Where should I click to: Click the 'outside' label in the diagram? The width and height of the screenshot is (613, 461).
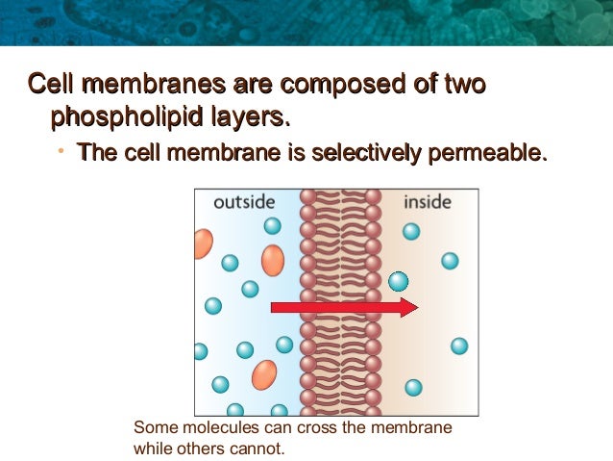pyautogui.click(x=244, y=202)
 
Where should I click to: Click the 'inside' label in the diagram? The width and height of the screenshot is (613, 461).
pyautogui.click(x=428, y=202)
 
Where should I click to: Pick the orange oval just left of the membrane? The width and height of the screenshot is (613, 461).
pyautogui.click(x=273, y=260)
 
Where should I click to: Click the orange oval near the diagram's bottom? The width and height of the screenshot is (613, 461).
pyautogui.click(x=264, y=374)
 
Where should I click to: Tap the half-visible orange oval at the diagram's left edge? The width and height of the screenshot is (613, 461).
pyautogui.click(x=202, y=243)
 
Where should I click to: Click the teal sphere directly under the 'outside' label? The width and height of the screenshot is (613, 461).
pyautogui.click(x=273, y=225)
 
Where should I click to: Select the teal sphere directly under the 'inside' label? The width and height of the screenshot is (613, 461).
pyautogui.click(x=411, y=231)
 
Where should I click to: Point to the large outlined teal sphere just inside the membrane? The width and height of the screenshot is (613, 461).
pyautogui.click(x=399, y=281)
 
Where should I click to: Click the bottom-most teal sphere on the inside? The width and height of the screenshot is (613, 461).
pyautogui.click(x=413, y=388)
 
